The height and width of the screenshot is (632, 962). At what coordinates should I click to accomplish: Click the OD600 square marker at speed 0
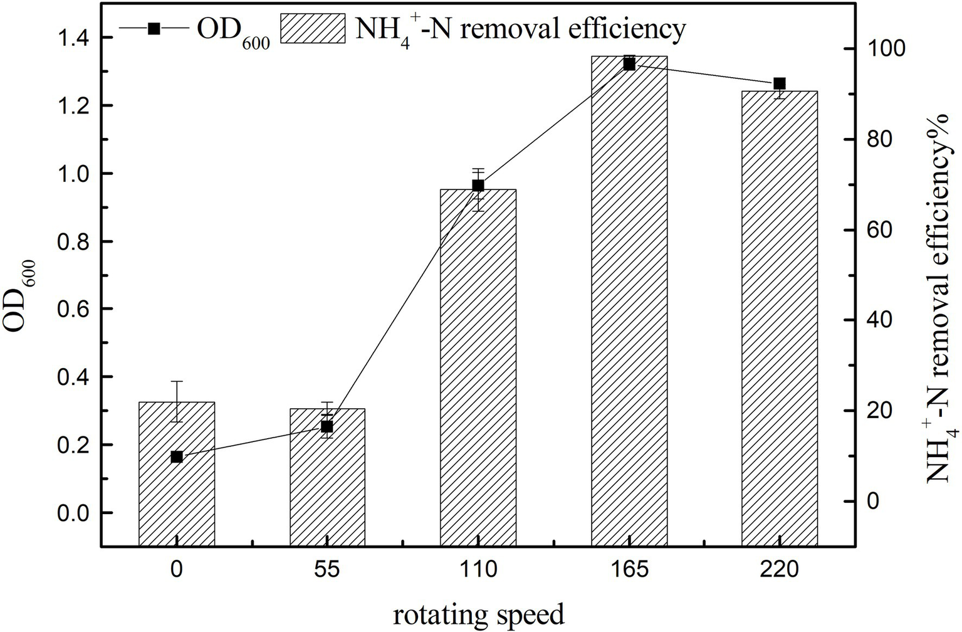(177, 457)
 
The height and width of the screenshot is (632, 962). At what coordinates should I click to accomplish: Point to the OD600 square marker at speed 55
(327, 427)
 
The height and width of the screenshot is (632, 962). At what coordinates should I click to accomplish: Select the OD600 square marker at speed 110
(478, 186)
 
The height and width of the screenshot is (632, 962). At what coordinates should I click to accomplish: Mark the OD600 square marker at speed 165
(629, 64)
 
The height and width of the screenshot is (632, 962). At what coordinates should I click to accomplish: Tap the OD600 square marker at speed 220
(780, 84)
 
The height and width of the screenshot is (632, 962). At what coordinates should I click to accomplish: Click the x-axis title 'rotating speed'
(479, 614)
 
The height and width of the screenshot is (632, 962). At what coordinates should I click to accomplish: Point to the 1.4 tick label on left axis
(73, 38)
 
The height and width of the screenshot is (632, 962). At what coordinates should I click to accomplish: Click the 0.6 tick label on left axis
(73, 309)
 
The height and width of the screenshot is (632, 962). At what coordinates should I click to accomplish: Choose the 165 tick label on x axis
(629, 569)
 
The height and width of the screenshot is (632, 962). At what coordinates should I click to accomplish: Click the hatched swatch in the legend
(313, 28)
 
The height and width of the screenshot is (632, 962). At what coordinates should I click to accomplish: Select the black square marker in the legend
(153, 28)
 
